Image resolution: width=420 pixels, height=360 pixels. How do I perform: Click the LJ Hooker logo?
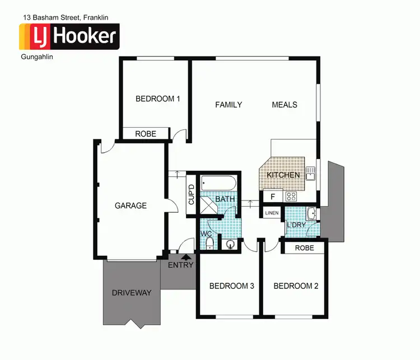(69, 36)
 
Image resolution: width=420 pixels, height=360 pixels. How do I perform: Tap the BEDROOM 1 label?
(158, 99)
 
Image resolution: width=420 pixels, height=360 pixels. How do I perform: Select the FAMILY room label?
(228, 105)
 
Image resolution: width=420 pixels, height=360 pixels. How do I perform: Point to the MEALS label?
(284, 105)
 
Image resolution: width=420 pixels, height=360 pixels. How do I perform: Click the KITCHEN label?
(283, 175)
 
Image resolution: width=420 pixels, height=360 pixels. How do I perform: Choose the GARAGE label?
(130, 205)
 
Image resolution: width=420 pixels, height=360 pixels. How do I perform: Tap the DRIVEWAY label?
(132, 293)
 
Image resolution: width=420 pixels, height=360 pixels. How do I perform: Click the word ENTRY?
(180, 265)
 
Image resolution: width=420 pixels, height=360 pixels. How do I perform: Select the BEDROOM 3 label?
(231, 286)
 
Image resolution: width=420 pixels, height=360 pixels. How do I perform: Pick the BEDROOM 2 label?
(296, 286)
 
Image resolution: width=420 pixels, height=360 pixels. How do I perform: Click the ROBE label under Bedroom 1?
(146, 134)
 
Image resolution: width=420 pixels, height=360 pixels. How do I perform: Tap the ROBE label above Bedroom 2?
(304, 247)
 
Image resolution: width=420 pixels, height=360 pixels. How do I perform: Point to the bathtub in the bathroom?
(219, 183)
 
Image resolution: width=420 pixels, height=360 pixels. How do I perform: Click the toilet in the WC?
(209, 242)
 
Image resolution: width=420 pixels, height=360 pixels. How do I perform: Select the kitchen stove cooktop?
(291, 197)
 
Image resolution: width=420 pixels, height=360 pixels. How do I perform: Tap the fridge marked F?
(273, 197)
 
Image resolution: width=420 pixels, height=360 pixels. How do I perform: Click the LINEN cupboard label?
(272, 213)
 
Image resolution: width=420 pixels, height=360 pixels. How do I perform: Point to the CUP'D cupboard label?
(192, 194)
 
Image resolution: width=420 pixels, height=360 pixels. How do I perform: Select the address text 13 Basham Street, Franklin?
(70, 17)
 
